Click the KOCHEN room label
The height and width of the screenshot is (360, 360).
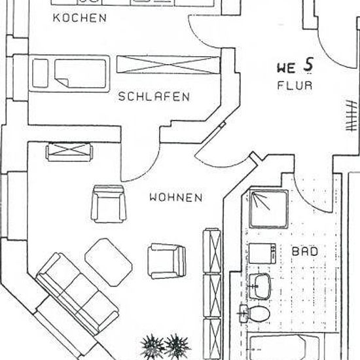[80, 18]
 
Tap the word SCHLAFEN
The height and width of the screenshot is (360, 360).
[154, 96]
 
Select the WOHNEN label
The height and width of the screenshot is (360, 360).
[176, 198]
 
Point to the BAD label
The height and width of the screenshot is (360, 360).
[304, 251]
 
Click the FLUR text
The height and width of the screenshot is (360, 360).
[295, 85]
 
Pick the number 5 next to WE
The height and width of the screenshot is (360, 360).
[308, 65]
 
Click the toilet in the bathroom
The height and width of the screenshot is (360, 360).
[255, 314]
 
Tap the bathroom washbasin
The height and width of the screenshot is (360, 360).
[259, 286]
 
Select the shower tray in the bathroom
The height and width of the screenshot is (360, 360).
[268, 209]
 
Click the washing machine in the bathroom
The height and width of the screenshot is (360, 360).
[262, 253]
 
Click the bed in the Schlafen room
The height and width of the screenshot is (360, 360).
[69, 73]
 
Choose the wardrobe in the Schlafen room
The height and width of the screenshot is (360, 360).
[168, 65]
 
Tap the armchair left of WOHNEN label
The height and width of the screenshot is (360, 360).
[109, 204]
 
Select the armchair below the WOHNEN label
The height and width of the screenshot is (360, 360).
[167, 261]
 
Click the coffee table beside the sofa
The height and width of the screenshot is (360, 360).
[109, 262]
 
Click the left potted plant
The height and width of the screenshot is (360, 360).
[153, 347]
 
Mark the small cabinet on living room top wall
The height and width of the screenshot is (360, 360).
[69, 152]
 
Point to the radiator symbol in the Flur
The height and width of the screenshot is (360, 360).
[351, 115]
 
